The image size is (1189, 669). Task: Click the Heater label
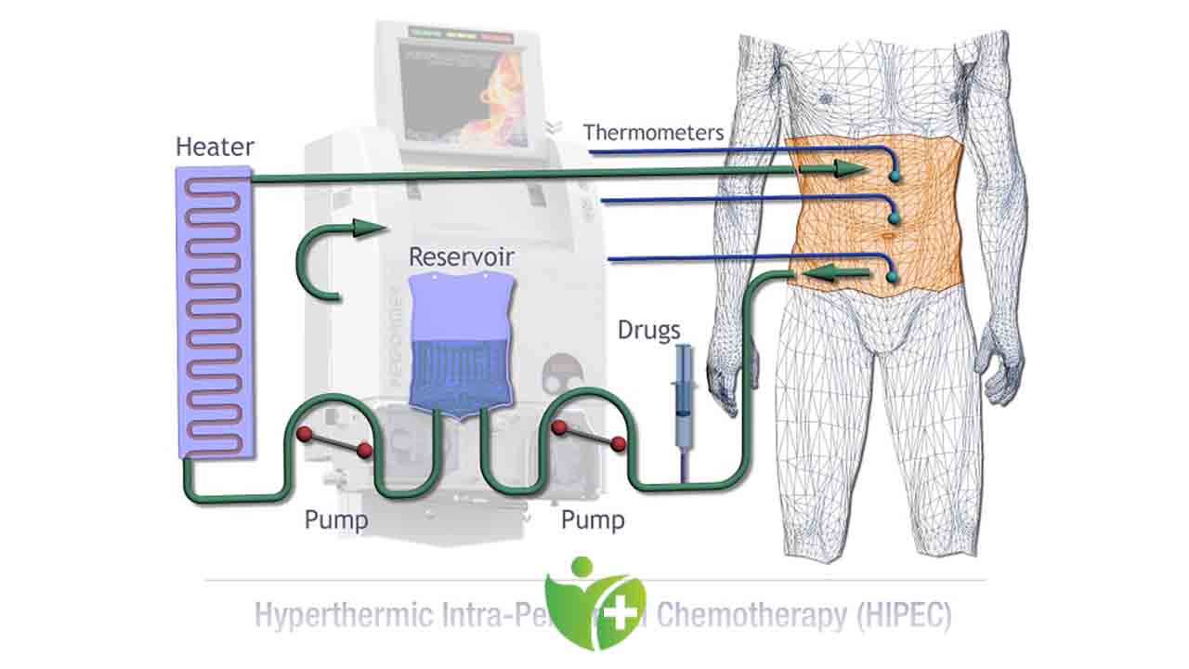point(215,148)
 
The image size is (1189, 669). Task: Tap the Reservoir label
point(462,256)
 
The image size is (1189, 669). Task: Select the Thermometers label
point(653,132)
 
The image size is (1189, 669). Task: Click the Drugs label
point(649,330)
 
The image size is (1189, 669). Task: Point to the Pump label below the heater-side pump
point(336,519)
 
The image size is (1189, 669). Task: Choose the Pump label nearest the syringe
point(593,519)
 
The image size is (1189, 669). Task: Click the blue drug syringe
point(684,390)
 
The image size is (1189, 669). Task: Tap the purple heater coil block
point(215,311)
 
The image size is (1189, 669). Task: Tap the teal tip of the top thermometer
point(895,176)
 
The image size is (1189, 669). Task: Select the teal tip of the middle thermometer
point(895,218)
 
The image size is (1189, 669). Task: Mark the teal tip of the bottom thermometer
point(893,277)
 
